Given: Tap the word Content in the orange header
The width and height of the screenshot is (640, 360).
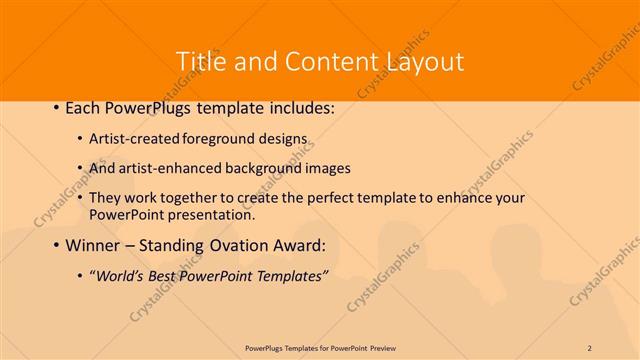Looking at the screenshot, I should [321, 61].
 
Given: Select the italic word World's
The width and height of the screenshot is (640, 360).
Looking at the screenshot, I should [121, 275].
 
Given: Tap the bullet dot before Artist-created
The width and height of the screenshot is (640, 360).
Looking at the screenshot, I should [80, 141].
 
